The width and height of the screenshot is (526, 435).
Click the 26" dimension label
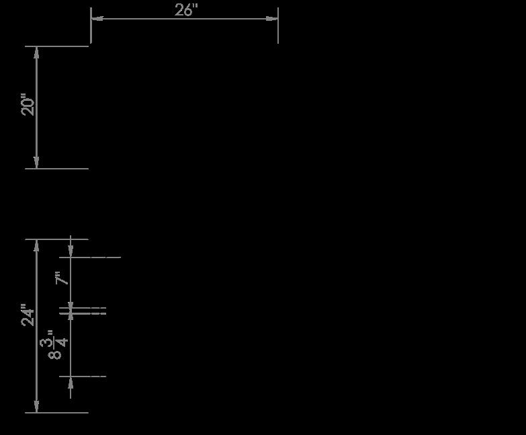click(186, 10)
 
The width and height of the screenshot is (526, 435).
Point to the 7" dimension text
click(62, 278)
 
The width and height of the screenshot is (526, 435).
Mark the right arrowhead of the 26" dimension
click(272, 18)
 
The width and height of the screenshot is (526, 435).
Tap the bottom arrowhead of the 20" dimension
click(36, 163)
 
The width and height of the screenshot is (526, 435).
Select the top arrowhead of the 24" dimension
click(36, 245)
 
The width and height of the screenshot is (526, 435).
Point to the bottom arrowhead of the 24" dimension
click(36, 407)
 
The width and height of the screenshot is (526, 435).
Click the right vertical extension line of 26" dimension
click(278, 30)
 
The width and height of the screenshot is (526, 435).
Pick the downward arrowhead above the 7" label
click(71, 251)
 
